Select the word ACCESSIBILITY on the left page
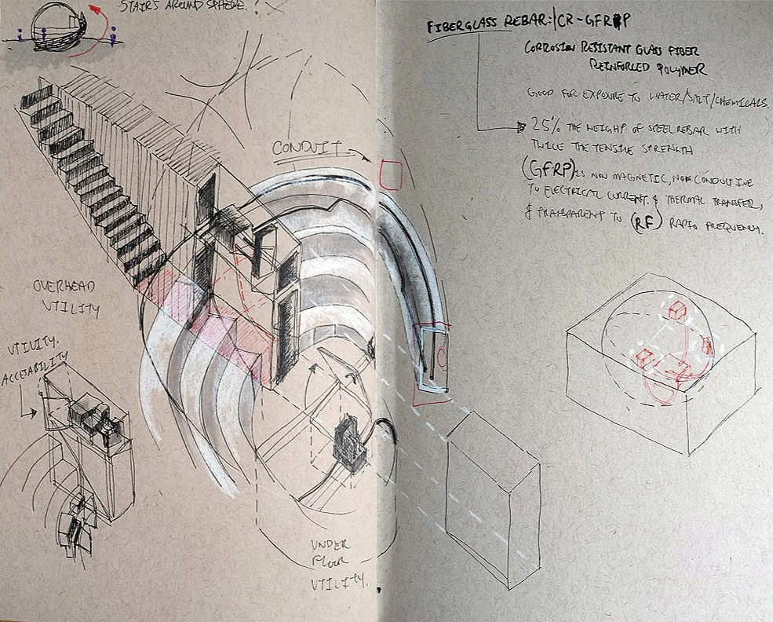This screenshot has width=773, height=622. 31,379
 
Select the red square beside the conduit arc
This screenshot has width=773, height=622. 390,174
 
